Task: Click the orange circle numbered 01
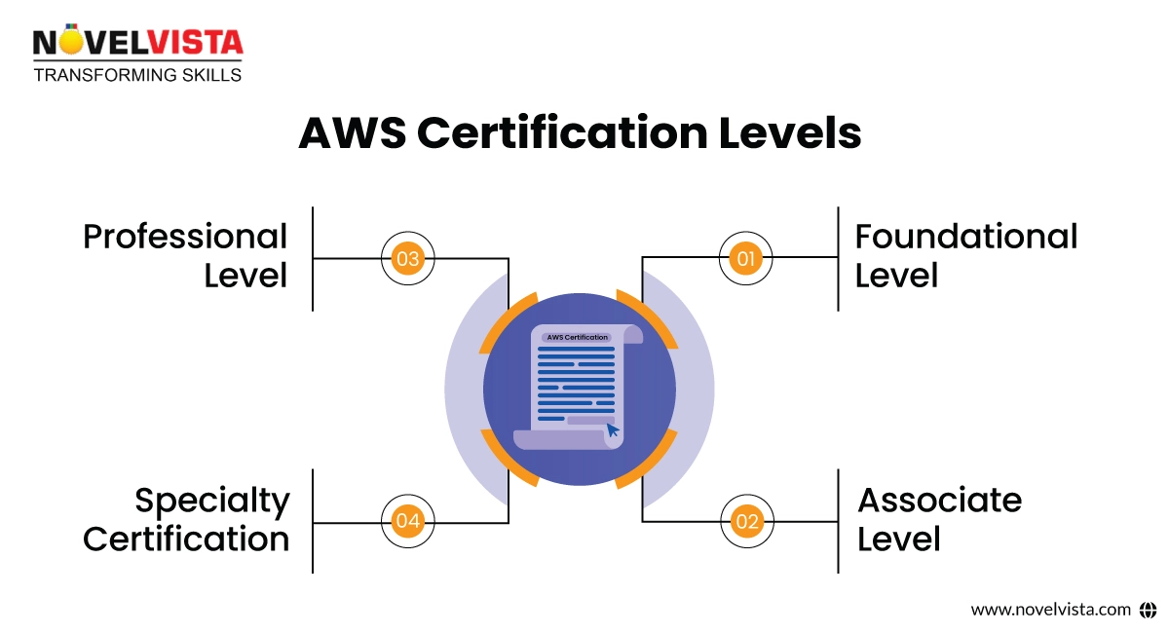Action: [746, 259]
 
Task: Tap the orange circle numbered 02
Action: [746, 522]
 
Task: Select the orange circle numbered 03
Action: [407, 259]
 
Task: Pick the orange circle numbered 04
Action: [407, 522]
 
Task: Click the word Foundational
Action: [965, 237]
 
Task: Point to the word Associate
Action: [939, 501]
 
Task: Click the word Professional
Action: [185, 237]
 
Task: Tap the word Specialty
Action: [212, 501]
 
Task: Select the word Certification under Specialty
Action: [186, 540]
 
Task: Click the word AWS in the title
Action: [351, 133]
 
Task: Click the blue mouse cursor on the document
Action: [613, 429]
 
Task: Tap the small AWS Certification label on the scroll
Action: [577, 337]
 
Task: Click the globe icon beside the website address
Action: [1147, 610]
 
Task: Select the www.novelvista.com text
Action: [1050, 610]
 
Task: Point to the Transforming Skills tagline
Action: [137, 75]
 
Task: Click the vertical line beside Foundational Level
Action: [838, 258]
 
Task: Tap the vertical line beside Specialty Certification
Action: [313, 521]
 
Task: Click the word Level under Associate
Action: [898, 540]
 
